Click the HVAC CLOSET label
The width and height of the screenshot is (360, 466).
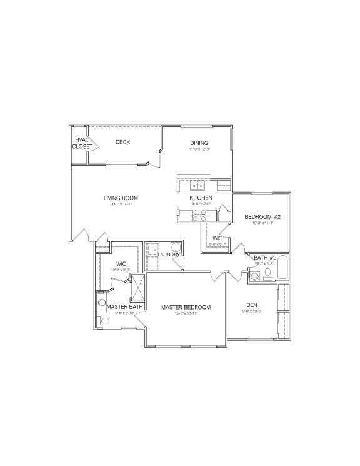[x=82, y=143]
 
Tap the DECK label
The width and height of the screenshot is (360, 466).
[x=122, y=142]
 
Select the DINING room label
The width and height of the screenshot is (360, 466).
[x=200, y=143]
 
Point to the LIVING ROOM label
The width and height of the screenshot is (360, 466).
[x=121, y=198]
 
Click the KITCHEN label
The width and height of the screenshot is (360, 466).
[x=201, y=198]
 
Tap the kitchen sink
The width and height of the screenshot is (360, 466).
[x=198, y=186]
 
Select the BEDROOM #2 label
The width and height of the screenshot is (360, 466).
[x=263, y=217]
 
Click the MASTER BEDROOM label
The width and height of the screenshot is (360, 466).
[x=186, y=307]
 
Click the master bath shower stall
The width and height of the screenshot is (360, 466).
[x=137, y=287]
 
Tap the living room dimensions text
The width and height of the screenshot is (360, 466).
[x=121, y=205]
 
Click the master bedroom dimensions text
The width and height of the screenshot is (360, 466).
[x=186, y=313]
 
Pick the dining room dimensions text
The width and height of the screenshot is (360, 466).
[x=200, y=149]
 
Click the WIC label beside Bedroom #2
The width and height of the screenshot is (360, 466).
[x=217, y=238]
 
